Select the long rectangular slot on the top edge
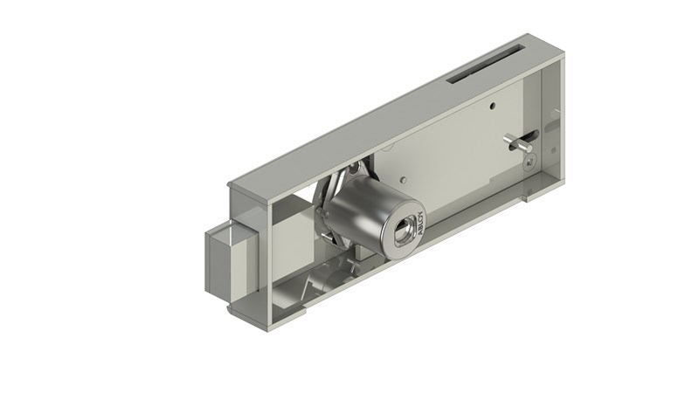485,74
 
